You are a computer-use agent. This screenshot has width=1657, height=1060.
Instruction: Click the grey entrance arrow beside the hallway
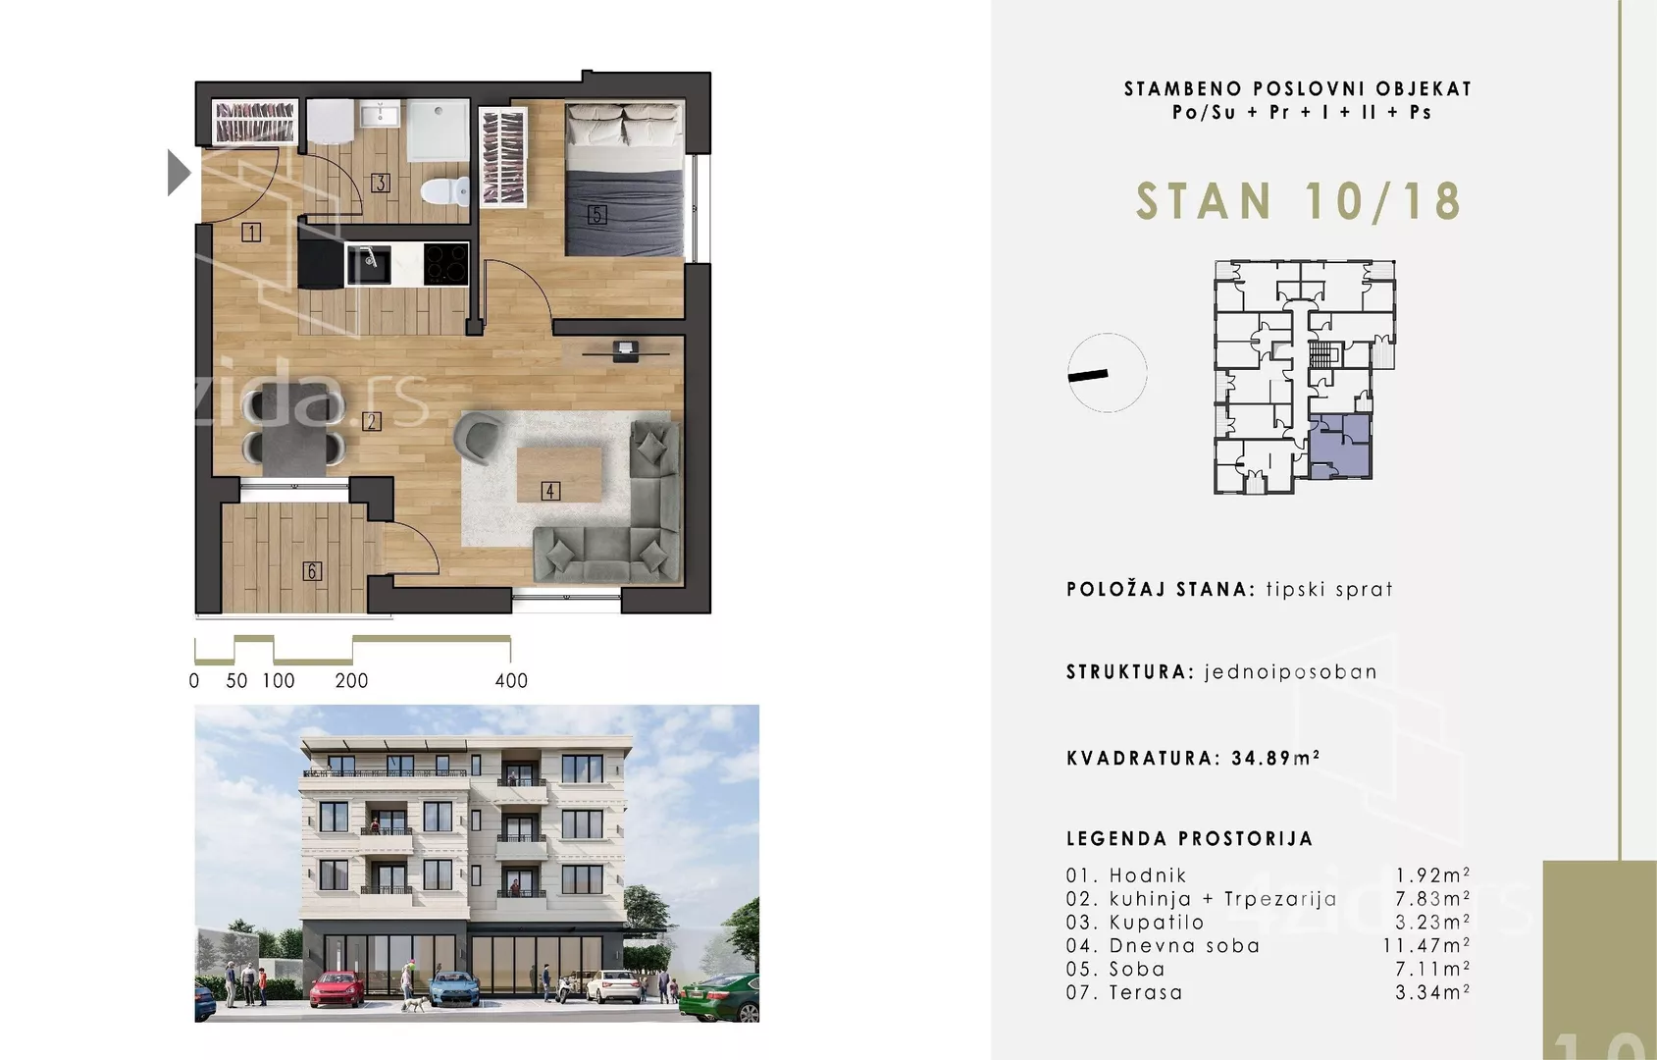point(178,173)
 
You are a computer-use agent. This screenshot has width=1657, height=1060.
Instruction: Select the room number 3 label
point(381,183)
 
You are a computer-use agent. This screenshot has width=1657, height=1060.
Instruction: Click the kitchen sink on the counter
point(369,264)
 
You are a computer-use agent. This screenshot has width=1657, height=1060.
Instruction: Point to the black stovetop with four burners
point(446,264)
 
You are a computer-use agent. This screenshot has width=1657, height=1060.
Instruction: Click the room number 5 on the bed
point(596,215)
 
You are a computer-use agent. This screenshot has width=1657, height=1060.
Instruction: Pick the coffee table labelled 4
point(559,474)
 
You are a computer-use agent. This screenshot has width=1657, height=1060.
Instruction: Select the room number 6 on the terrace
point(312,571)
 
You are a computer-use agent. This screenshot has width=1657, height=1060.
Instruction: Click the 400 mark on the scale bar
point(511,681)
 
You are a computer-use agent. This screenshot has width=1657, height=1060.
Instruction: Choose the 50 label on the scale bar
point(236,681)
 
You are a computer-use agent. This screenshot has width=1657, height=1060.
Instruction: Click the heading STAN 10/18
point(1299,201)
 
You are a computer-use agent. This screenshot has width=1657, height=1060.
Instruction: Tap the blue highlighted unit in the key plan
point(1340,447)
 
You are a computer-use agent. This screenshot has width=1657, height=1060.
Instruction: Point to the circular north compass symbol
point(1107,372)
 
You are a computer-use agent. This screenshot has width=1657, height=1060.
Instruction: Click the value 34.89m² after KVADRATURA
point(1276,758)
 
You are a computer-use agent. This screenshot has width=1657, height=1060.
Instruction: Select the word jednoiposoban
point(1291,672)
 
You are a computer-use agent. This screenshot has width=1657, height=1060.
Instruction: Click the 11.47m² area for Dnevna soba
point(1426,945)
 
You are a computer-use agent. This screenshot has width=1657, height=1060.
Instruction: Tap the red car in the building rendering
point(337,988)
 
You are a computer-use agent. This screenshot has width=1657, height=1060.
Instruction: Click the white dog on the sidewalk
point(413,1004)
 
